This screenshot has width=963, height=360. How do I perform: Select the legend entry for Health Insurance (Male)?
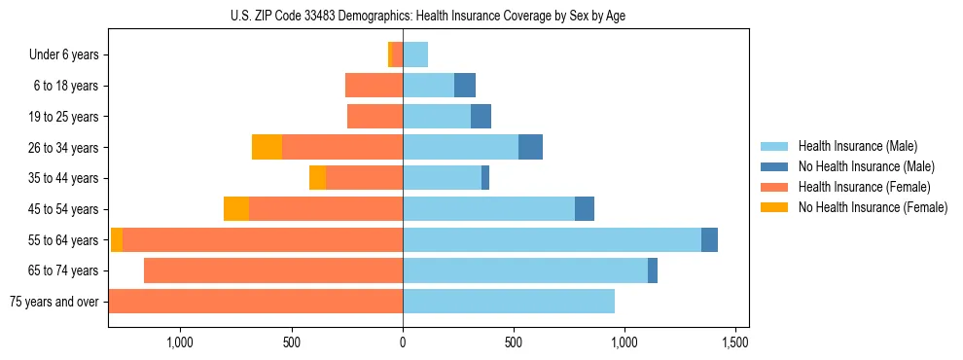click(857, 146)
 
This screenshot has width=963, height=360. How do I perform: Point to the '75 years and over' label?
click(53, 302)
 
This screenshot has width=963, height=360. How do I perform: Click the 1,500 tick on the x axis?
click(735, 342)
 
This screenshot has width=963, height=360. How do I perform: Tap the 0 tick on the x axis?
click(403, 342)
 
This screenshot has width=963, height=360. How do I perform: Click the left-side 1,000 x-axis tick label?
click(180, 342)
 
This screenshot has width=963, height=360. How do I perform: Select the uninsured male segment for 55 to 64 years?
click(709, 240)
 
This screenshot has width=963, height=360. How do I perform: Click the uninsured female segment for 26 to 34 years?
click(267, 148)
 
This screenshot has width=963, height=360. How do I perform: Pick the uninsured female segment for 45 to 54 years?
click(236, 209)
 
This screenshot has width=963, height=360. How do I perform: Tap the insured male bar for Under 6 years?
click(415, 55)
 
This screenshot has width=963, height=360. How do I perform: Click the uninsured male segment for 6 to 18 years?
click(465, 86)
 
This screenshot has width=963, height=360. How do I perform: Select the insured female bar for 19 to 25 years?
click(374, 117)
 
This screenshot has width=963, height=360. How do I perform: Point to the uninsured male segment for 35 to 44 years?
click(485, 178)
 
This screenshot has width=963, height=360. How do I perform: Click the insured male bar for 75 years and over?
click(509, 302)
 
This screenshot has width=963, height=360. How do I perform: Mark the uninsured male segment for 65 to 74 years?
click(653, 270)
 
